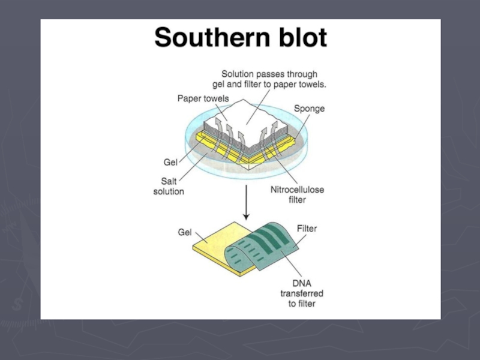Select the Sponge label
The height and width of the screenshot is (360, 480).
[309, 109]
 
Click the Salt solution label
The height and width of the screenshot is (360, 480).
[168, 186]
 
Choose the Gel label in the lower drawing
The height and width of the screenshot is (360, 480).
[185, 232]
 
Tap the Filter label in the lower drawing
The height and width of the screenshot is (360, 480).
[307, 229]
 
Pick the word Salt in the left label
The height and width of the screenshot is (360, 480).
[169, 181]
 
